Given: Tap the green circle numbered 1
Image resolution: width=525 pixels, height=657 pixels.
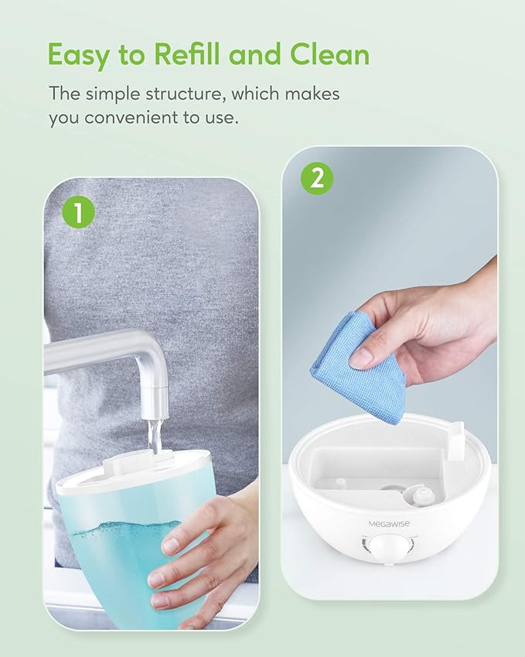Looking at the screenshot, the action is [x=78, y=213].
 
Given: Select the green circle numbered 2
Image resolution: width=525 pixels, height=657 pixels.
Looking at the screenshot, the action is [x=317, y=179].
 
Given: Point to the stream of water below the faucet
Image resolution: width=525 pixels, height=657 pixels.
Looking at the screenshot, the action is [x=155, y=437].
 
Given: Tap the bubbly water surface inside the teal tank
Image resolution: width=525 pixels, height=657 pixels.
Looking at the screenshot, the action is [x=125, y=528].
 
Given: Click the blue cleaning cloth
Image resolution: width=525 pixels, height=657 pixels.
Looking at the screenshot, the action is [x=360, y=368].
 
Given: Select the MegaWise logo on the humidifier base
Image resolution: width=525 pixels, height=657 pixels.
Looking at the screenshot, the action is [x=390, y=523].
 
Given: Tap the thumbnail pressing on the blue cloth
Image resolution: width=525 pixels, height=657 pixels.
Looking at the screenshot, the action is [x=362, y=356].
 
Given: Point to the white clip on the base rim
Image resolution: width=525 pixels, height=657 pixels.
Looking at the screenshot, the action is [x=456, y=441].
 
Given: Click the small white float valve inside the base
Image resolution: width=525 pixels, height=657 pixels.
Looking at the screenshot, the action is [x=421, y=494].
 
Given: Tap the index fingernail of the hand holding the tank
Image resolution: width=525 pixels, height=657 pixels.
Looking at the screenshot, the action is [x=170, y=546].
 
